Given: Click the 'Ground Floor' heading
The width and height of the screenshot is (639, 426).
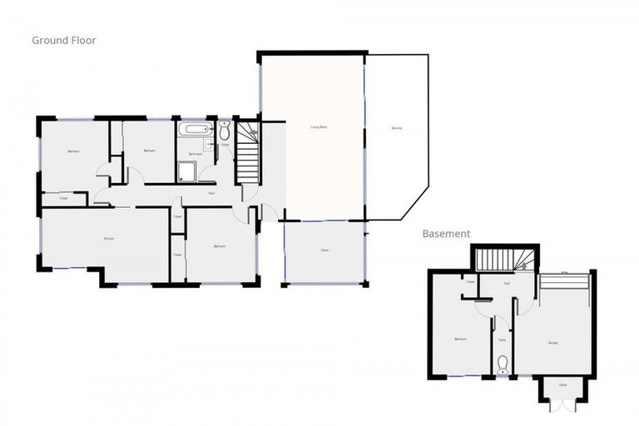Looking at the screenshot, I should coord(65,39).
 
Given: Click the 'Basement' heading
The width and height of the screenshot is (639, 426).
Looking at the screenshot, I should coord(446,235).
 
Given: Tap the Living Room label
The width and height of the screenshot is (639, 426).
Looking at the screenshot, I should coord(318,126).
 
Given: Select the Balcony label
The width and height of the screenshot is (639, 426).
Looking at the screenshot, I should coord(397,128).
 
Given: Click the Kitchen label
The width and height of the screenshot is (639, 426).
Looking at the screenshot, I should coord(107,239).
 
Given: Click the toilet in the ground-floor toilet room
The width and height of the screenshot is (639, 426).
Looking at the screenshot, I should coord(225,131).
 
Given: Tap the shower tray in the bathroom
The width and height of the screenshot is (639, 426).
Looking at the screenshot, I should coord(186,172).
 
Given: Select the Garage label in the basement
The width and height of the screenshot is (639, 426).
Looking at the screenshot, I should coord(552,342).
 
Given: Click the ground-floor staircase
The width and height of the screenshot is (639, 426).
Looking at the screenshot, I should coord(248,155).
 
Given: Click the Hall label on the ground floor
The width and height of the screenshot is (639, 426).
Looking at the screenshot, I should coord(213,193).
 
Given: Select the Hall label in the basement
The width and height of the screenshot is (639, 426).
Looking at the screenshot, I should coord(507,283).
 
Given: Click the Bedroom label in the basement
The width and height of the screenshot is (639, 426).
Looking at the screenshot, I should coord(460,339).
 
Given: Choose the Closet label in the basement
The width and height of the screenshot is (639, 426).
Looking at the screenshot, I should coord(470,282).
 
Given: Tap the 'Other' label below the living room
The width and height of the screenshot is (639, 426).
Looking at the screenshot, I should coord(324,250).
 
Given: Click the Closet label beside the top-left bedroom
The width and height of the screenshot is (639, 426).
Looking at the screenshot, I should coord(63,198).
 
